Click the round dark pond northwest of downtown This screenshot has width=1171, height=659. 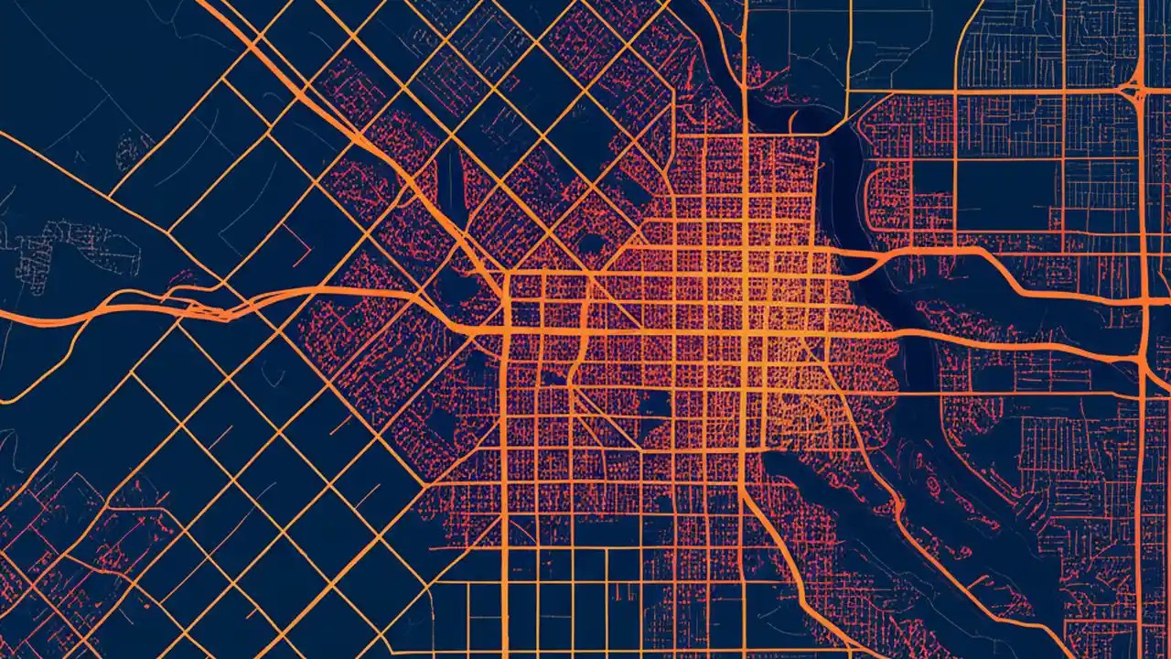(x=593, y=243)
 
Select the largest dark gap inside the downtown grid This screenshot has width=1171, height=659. (x=654, y=403)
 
